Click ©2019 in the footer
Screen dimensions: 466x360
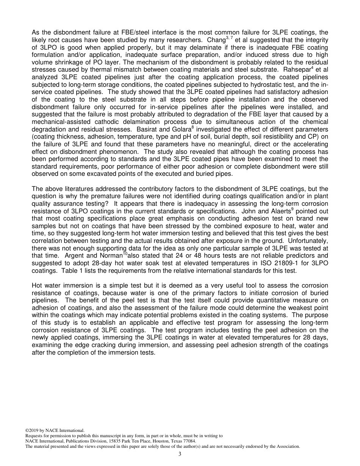(33, 430)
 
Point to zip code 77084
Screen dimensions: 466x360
(189, 441)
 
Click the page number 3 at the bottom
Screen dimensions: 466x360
(180, 454)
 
